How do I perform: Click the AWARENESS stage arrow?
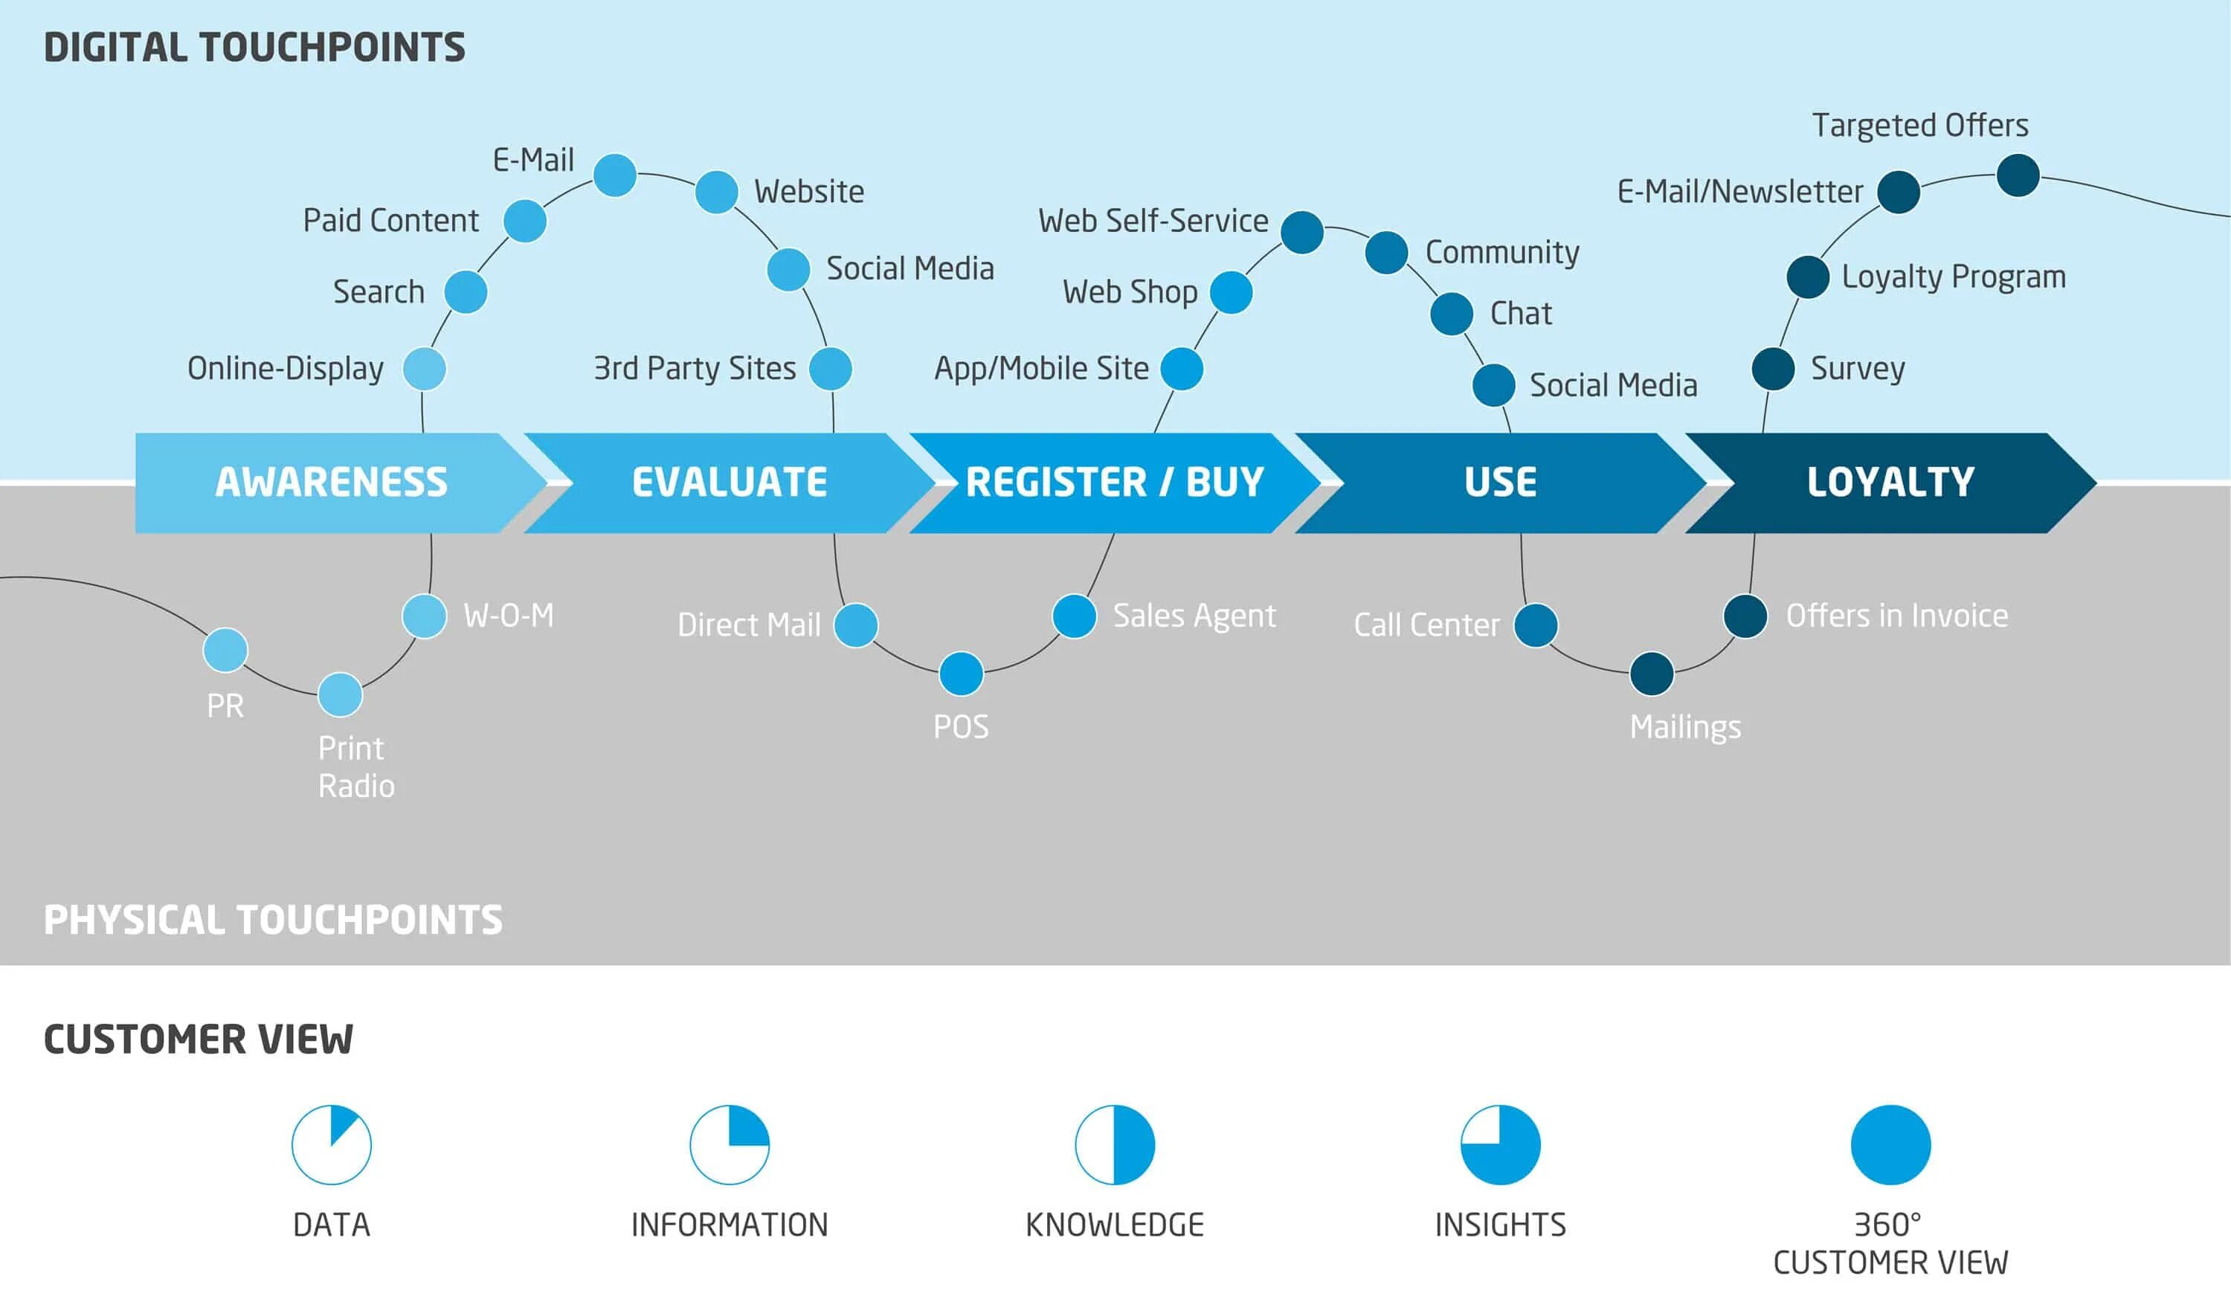[331, 483]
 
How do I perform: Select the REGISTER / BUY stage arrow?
[1114, 483]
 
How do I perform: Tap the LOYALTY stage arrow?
[1890, 483]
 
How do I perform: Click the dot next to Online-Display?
[424, 369]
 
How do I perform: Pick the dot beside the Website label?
[716, 193]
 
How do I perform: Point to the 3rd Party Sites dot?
[831, 369]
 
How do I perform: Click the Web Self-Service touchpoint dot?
[1301, 232]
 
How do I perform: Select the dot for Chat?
[1451, 314]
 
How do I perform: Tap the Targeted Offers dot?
[2018, 175]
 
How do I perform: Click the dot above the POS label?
[962, 674]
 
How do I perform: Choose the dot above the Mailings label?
[1651, 674]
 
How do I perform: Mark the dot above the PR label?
[225, 650]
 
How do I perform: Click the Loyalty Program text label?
[1954, 277]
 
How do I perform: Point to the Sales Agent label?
[1194, 616]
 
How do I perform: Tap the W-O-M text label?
[508, 616]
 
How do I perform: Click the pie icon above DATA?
[331, 1144]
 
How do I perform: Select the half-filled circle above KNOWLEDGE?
[1114, 1144]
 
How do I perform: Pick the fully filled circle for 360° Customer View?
[1890, 1144]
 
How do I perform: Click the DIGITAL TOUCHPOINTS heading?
[254, 48]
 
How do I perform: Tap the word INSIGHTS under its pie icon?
[1499, 1225]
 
